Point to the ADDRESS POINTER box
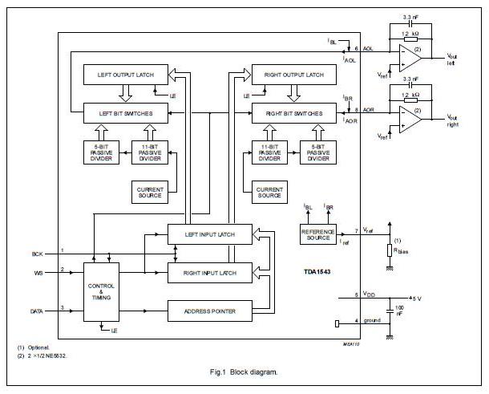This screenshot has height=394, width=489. pyautogui.click(x=209, y=311)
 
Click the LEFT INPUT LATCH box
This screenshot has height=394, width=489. pyautogui.click(x=209, y=234)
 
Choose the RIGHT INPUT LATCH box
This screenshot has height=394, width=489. pyautogui.click(x=209, y=274)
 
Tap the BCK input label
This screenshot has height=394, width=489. pyautogui.click(x=37, y=254)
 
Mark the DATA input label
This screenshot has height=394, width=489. pyautogui.click(x=36, y=310)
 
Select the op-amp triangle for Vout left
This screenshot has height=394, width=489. pyautogui.click(x=411, y=59)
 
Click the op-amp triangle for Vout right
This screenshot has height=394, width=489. pyautogui.click(x=411, y=118)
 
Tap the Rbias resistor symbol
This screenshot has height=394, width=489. pyautogui.click(x=390, y=249)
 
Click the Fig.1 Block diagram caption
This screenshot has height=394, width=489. pyautogui.click(x=244, y=372)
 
